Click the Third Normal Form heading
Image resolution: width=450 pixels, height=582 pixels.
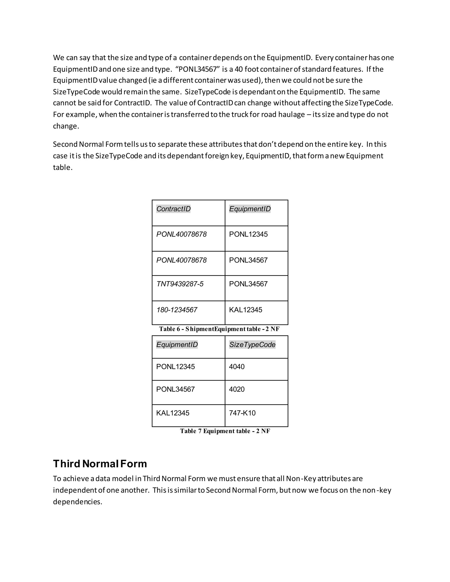pos(100,464)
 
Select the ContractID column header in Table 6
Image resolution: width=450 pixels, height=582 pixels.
pos(173,209)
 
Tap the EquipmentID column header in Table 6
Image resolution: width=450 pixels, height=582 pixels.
pos(250,209)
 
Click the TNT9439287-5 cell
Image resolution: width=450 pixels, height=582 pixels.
pos(180,284)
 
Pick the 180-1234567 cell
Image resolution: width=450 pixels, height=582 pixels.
pos(176,310)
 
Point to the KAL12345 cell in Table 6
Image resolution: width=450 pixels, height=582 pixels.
pos(245,310)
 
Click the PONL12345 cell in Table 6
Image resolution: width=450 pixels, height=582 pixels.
pos(248,235)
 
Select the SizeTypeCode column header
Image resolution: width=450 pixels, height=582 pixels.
pos(252,345)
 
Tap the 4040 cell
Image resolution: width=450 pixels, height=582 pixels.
pos(237,367)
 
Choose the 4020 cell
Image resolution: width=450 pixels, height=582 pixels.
pos(237,389)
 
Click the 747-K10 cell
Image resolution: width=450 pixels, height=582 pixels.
pos(242,413)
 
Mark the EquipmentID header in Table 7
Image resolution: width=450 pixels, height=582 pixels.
pos(177,345)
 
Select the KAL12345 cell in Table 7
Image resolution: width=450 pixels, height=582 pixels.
pos(173,413)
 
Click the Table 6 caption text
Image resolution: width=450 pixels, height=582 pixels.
pos(219,329)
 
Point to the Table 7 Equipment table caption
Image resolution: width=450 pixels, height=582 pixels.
pos(225,431)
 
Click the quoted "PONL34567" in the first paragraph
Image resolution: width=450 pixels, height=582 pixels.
pos(197,69)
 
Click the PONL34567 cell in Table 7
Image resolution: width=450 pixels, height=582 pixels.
pos(175,389)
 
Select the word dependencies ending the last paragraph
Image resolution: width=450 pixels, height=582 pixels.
pos(78,502)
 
